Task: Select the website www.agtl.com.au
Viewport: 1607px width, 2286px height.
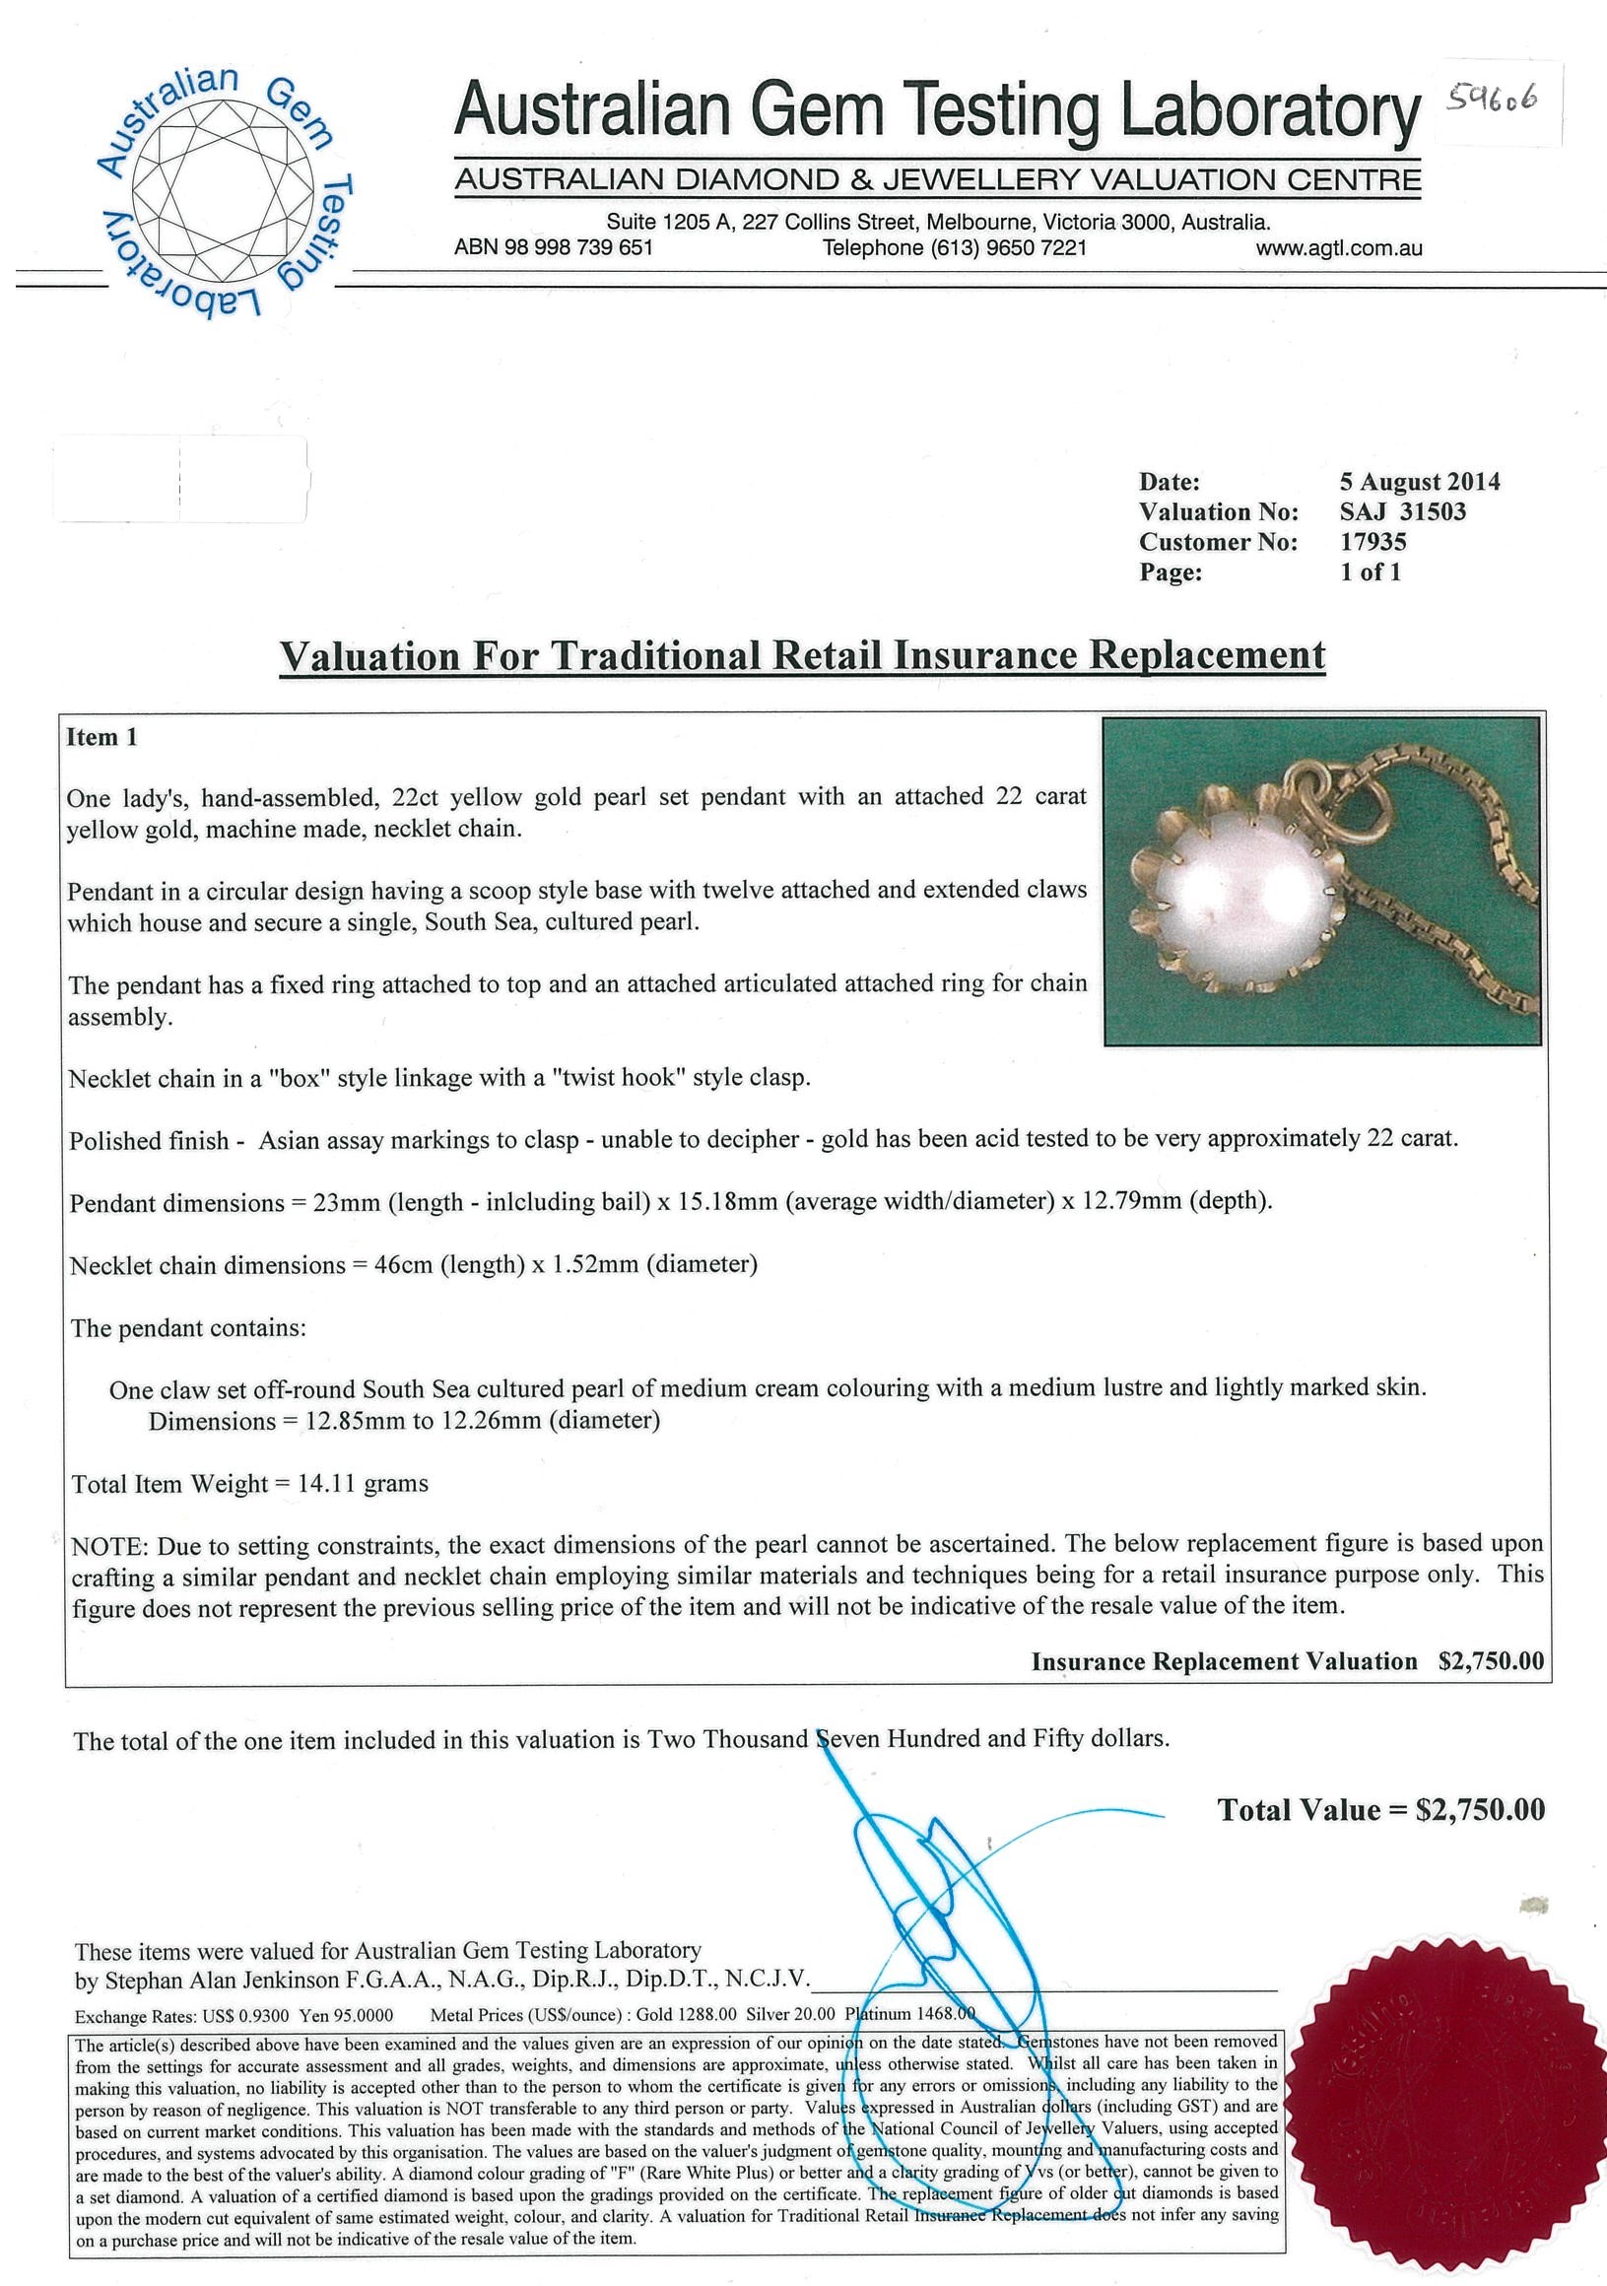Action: [1338, 248]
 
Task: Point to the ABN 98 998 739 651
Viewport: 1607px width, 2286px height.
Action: [554, 248]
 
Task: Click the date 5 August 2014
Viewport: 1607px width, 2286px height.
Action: [1419, 482]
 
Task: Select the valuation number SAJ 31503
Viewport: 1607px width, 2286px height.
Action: [1402, 511]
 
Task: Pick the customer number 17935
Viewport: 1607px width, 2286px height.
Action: [1373, 542]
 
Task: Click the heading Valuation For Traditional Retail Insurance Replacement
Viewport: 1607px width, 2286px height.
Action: [802, 656]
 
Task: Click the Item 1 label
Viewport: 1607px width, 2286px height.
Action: [101, 738]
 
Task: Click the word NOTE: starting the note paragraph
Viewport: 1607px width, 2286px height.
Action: [108, 1546]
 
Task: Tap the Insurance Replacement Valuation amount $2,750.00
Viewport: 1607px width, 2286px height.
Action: [1491, 1661]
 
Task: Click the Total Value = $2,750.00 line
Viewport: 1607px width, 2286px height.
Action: [1380, 1811]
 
